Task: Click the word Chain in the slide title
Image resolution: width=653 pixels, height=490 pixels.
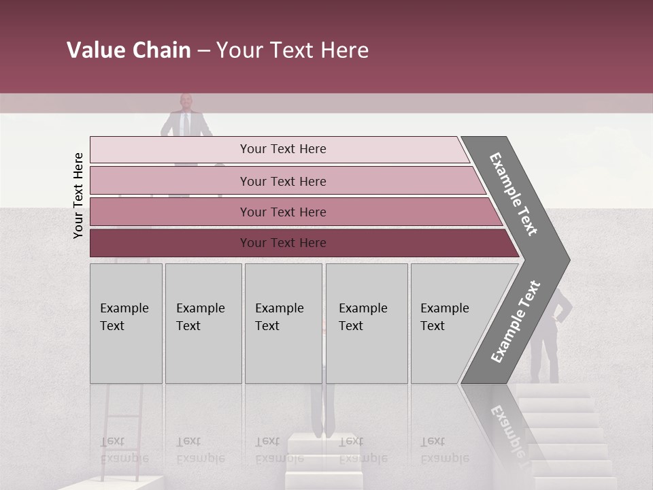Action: (158, 50)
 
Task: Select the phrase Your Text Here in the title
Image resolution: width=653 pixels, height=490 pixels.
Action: (292, 50)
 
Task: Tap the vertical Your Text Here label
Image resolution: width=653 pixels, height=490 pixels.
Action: (78, 196)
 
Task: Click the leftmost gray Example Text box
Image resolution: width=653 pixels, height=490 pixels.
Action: (126, 323)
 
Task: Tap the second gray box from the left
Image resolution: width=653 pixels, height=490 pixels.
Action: (203, 323)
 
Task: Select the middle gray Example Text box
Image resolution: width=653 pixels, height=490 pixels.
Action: (283, 323)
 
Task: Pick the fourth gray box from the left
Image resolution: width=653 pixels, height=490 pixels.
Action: (366, 323)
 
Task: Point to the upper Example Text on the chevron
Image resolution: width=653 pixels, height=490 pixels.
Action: (514, 194)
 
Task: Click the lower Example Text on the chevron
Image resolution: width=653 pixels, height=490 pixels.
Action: (516, 321)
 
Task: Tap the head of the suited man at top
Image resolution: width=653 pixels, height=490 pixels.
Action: (186, 102)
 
